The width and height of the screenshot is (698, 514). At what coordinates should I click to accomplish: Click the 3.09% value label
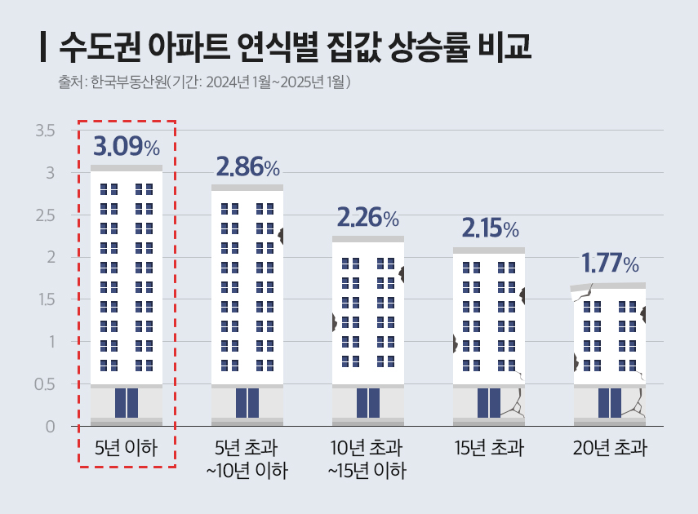point(127,147)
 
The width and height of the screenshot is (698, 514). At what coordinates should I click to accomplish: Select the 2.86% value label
point(247,167)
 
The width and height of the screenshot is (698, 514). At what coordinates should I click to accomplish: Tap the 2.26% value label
point(367,218)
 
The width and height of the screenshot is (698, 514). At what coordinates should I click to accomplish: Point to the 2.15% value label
point(489,228)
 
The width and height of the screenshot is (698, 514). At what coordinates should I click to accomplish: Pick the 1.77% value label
point(609,264)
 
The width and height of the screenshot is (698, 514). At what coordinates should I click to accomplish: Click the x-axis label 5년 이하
point(126,448)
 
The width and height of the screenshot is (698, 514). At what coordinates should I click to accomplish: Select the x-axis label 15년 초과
point(489,448)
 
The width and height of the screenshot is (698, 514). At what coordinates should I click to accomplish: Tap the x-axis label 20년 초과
point(609,448)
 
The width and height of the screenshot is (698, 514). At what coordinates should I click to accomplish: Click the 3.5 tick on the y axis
point(44,131)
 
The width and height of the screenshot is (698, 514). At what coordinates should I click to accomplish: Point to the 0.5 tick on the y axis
point(44,384)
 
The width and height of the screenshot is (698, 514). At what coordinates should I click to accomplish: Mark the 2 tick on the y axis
point(50,258)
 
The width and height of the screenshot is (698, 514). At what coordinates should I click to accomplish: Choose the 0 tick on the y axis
point(50,427)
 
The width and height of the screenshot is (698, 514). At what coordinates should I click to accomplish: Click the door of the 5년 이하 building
point(127,403)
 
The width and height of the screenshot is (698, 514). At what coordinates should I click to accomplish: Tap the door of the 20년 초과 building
point(609,403)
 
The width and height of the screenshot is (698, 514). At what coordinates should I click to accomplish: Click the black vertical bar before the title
point(42,47)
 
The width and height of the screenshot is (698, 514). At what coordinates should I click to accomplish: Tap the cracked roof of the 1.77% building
point(609,286)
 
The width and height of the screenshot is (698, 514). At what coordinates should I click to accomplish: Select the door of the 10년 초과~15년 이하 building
point(368,403)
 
